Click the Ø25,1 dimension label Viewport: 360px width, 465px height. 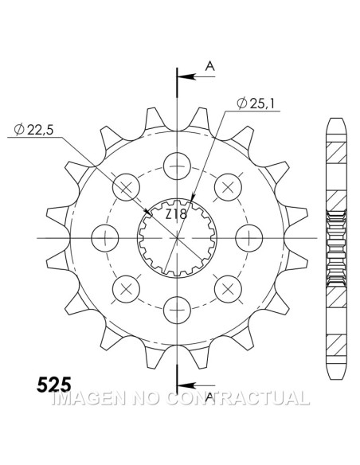click(x=256, y=103)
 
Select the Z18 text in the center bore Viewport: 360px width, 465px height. click(x=176, y=214)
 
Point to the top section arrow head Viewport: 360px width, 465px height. click(x=182, y=77)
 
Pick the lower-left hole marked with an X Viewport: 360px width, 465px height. click(x=126, y=287)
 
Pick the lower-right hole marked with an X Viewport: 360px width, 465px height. click(x=228, y=287)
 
